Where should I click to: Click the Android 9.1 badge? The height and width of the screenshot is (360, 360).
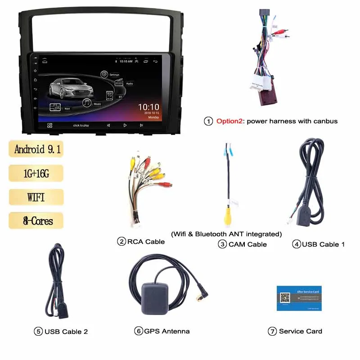coord(36,149)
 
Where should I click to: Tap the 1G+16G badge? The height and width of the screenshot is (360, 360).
coord(36,173)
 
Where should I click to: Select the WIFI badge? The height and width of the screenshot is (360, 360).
coord(36,197)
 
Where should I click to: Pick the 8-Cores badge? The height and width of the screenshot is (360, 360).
coord(36,221)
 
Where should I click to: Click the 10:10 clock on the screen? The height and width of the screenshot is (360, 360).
coord(148,108)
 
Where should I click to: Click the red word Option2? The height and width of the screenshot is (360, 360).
coord(230,121)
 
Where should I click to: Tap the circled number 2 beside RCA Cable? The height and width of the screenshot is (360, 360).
coord(121,242)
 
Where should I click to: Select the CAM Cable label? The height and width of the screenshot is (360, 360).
coord(247,244)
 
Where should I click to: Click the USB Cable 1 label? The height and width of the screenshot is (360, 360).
coord(323,244)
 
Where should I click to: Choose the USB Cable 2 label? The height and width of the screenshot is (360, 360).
coord(66,332)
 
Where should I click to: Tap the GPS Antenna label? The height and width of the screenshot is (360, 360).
coord(167,331)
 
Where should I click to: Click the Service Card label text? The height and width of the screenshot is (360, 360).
coord(301,331)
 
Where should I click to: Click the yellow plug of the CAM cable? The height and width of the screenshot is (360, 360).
coord(228,216)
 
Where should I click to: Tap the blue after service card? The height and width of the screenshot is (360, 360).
coord(299,298)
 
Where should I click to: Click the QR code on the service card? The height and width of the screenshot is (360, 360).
coord(284,298)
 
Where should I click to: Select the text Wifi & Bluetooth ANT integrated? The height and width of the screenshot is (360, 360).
coord(226,234)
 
